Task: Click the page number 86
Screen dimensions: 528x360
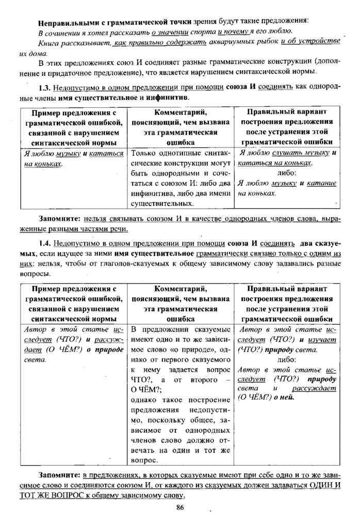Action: tap(179, 507)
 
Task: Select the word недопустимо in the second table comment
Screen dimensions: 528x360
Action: tap(204, 410)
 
